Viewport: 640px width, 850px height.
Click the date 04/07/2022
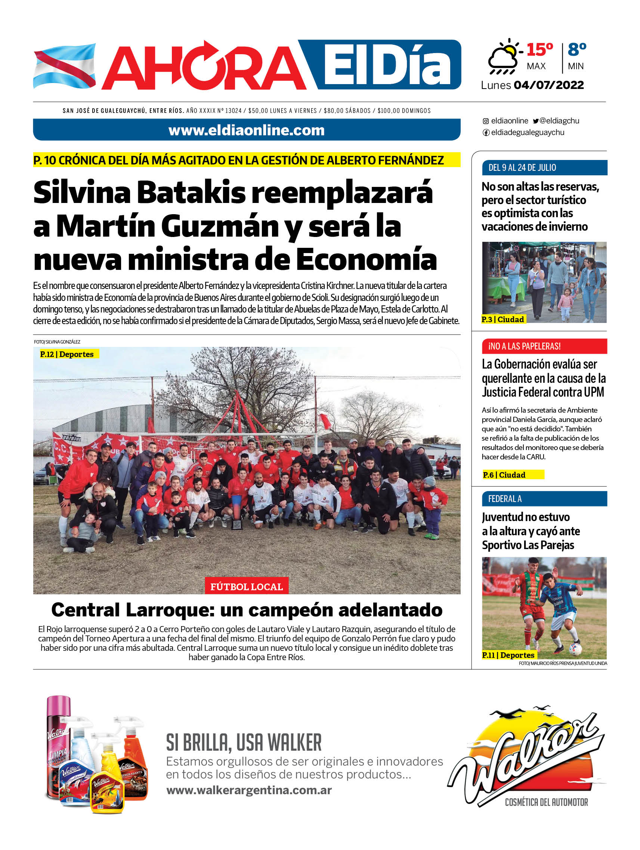click(548, 85)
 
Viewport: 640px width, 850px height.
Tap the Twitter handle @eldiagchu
click(556, 121)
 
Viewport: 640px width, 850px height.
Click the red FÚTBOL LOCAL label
click(246, 587)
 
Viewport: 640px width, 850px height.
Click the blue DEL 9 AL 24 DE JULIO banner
click(544, 167)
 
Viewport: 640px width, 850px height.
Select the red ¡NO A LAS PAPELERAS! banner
click(544, 346)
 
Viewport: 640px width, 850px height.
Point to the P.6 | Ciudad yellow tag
click(513, 475)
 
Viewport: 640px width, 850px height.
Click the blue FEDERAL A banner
click(544, 499)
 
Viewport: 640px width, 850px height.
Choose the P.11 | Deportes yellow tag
click(508, 655)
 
